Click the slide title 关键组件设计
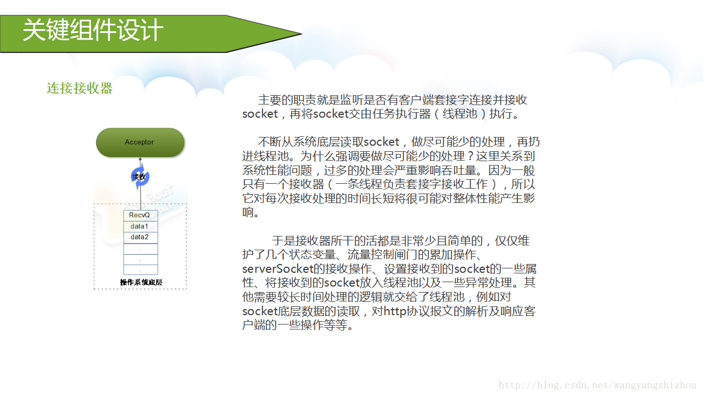[93, 31]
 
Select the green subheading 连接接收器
[80, 89]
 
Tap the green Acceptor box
[140, 142]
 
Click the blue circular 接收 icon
[140, 177]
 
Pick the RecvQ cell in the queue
[140, 215]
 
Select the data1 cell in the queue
[140, 227]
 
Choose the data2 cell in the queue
[140, 238]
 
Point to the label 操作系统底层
[141, 283]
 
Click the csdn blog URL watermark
[597, 386]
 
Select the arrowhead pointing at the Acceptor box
[140, 159]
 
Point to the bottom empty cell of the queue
[140, 269]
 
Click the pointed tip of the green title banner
[300, 34]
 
